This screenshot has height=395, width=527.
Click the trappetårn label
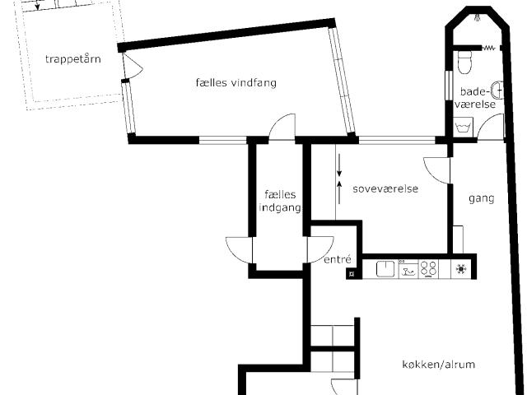[73, 59]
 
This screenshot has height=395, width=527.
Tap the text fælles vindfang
[236, 82]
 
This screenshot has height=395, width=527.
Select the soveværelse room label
[385, 188]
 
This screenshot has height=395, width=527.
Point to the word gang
[481, 198]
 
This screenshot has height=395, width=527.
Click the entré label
[338, 259]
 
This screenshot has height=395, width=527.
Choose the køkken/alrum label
[439, 365]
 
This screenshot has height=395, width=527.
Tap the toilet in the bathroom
[464, 63]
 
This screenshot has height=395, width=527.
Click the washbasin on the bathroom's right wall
[497, 91]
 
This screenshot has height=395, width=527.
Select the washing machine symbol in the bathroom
[463, 127]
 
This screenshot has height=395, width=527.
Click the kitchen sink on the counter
[385, 269]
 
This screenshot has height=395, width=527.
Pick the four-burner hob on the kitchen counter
[428, 269]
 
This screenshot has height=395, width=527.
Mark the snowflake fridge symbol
[460, 269]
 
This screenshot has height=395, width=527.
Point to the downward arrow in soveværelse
[339, 165]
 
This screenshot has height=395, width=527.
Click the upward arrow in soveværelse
[339, 192]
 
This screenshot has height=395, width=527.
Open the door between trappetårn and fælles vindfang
[132, 67]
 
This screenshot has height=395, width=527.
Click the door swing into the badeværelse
[492, 126]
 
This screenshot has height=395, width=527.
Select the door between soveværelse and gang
[437, 170]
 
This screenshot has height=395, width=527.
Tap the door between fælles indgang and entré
[320, 249]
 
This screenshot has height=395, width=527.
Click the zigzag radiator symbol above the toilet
[488, 49]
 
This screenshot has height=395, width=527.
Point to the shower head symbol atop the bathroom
[478, 18]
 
